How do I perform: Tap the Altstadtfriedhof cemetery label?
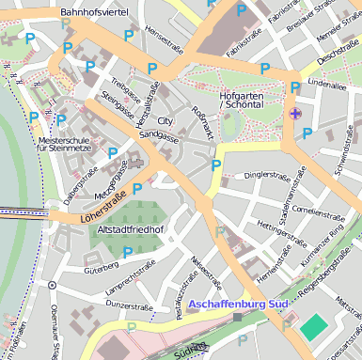coord(131,229)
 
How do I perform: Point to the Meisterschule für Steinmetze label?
coord(65,144)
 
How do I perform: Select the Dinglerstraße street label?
coord(266,175)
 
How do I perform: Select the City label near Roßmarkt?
coord(165,121)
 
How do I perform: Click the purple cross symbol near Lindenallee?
coord(296,114)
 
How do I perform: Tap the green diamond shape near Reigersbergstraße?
coord(313,330)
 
